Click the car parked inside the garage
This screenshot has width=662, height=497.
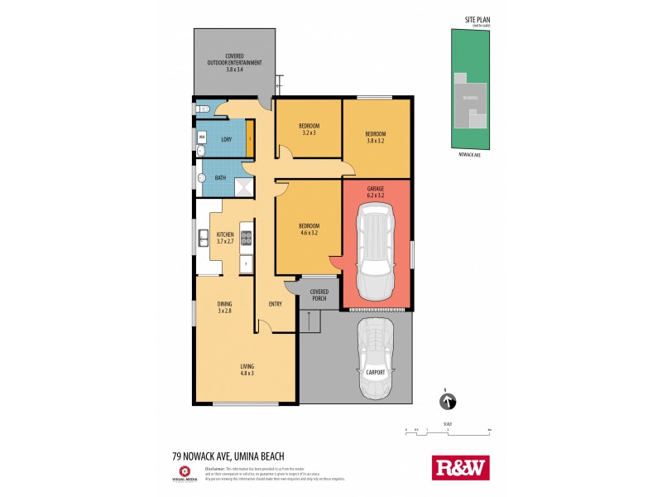coord(377,253)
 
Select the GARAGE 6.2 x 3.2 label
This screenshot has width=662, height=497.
coord(377,192)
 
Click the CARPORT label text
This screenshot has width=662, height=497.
coord(377,374)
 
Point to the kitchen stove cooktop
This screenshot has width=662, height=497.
coord(246,238)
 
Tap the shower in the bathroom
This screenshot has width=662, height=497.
coord(244,187)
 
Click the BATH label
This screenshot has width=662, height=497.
coord(221,178)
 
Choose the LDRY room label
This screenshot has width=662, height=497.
coord(225,139)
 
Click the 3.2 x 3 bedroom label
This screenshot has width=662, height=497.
coord(309,128)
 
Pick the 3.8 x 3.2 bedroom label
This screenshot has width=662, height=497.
coord(377,136)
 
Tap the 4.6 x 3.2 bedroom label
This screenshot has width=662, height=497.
coord(309,229)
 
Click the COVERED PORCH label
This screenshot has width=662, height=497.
coord(319,295)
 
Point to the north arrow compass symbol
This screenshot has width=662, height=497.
coord(448,402)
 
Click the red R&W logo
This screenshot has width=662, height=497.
coord(461,467)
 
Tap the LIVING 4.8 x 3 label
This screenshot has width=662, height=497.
coord(247,370)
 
